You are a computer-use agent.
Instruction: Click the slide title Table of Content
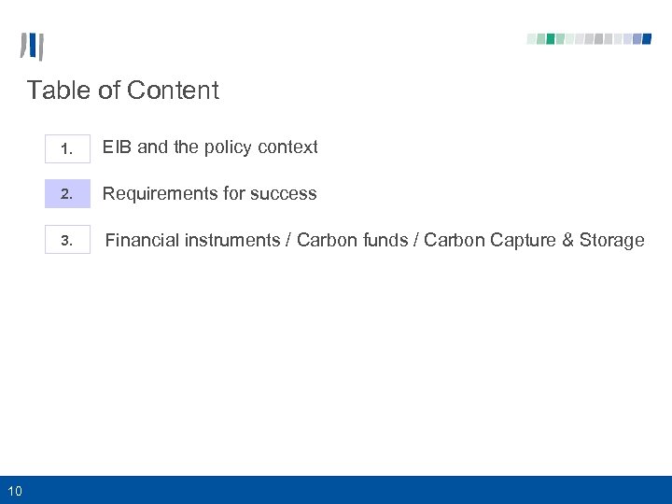[122, 91]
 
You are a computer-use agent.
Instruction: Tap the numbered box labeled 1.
[67, 147]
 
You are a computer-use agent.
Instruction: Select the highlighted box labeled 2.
[67, 194]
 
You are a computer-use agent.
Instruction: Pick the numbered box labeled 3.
[67, 241]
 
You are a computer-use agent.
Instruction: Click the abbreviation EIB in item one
[117, 147]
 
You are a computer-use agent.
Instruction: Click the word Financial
[142, 240]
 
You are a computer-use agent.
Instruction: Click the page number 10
[16, 490]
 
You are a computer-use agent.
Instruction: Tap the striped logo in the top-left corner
[32, 46]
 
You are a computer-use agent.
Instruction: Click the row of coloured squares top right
[589, 39]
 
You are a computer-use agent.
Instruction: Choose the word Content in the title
[173, 91]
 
